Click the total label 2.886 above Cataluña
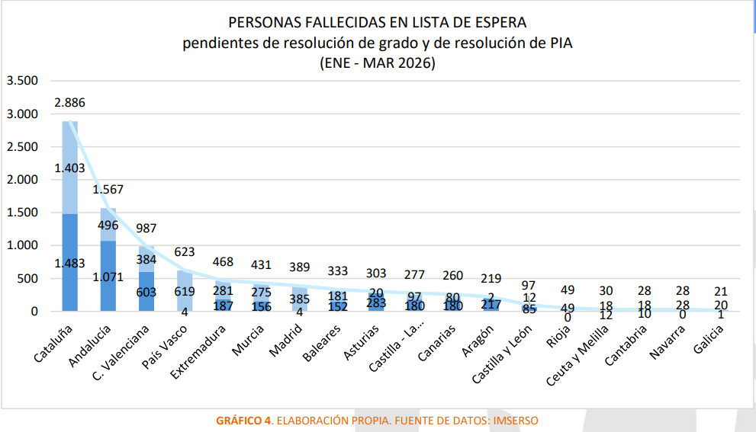[x=69, y=101]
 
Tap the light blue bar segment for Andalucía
[x=108, y=225]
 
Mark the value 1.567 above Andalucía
[x=108, y=190]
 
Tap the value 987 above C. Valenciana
[x=146, y=228]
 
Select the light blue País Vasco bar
[x=184, y=290]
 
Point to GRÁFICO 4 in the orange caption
[x=243, y=420]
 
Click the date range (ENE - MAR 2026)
[x=378, y=64]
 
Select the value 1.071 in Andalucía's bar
[x=108, y=277]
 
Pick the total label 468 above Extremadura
[x=222, y=262]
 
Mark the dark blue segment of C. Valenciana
[x=146, y=292]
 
